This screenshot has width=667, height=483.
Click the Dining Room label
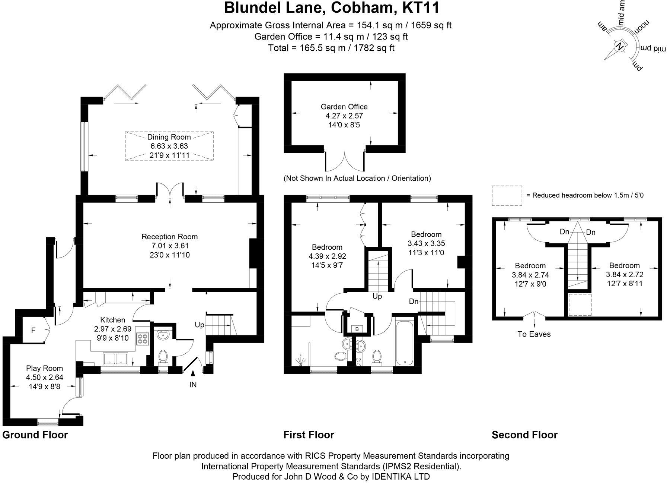point(169,137)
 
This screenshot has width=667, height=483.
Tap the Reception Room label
point(169,237)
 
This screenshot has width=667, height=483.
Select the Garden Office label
point(344,107)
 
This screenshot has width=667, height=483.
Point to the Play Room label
point(44,368)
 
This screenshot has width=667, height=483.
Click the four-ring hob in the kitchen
point(143,339)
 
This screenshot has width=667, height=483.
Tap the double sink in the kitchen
point(116,359)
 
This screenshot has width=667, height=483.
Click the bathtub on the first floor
point(403,341)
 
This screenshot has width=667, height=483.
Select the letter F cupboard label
point(33,330)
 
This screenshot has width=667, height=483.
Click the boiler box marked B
point(357,329)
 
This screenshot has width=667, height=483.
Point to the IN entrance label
point(193,385)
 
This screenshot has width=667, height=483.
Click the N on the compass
point(620,47)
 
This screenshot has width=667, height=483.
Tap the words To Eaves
point(534,334)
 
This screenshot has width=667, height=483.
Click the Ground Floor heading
point(35,435)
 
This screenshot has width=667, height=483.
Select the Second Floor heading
point(524,435)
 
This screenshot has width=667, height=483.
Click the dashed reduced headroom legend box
point(507,196)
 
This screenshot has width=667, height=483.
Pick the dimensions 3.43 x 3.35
point(426,243)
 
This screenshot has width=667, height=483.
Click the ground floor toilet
point(163,357)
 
